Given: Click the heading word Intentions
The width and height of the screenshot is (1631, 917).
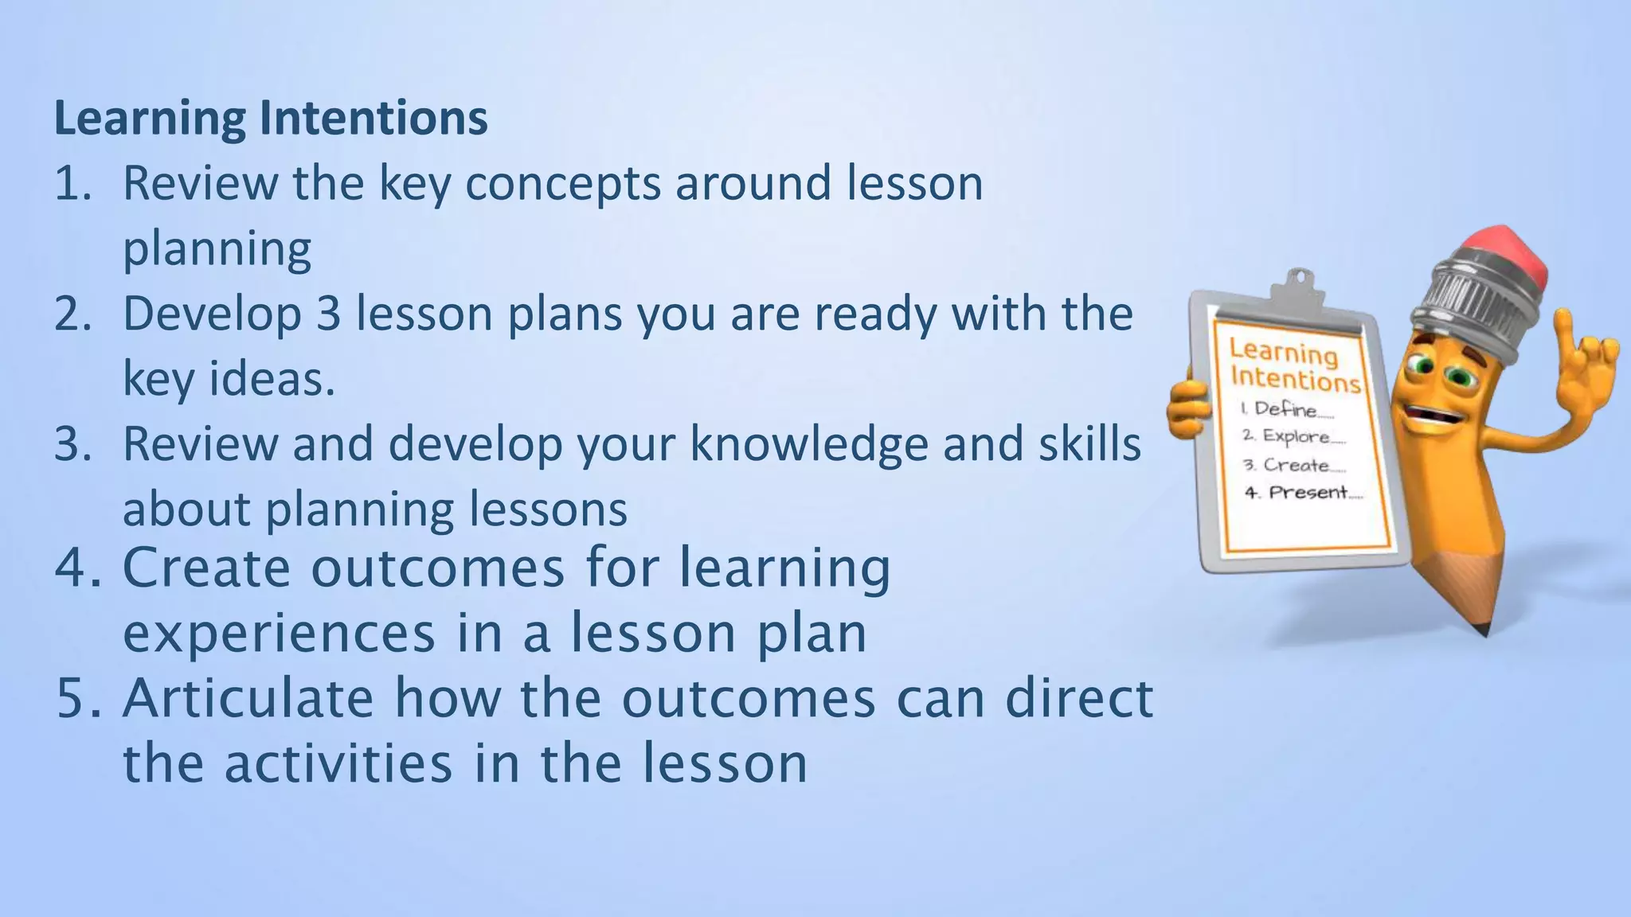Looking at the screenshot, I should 373,119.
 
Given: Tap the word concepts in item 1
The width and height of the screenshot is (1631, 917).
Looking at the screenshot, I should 562,184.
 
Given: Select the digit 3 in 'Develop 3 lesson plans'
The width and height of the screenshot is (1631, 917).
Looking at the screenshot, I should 328,314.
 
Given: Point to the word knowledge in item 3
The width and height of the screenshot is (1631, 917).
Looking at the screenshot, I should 809,444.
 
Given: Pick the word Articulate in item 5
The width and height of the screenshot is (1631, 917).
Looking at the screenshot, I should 248,699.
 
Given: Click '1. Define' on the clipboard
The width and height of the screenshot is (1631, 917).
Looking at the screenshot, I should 1285,409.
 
